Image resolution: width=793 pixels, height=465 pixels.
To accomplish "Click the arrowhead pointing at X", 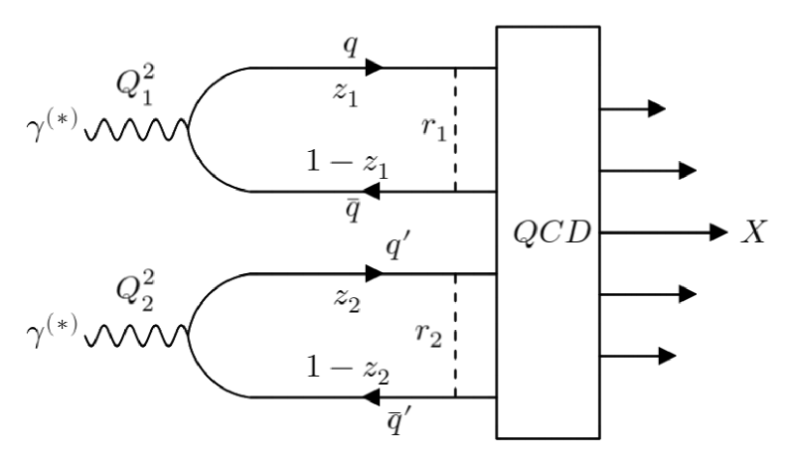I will (718, 232).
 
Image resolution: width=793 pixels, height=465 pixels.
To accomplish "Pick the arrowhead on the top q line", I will (374, 68).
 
